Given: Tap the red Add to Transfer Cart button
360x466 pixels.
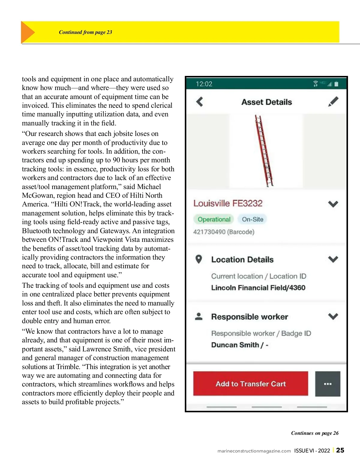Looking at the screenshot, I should pyautogui.click(x=250, y=384).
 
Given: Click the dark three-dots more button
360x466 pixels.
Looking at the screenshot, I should pyautogui.click(x=328, y=384).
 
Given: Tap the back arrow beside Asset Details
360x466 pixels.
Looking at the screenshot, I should pyautogui.click(x=199, y=102).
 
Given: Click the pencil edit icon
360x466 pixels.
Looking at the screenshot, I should pyautogui.click(x=333, y=101).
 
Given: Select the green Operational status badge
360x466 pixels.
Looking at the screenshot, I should pyautogui.click(x=214, y=219).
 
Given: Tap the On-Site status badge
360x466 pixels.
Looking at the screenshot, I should pyautogui.click(x=253, y=219).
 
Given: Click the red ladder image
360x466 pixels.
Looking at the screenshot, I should pyautogui.click(x=264, y=151).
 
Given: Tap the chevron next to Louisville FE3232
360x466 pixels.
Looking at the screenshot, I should pyautogui.click(x=333, y=204).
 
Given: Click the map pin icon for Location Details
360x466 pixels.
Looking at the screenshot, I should pyautogui.click(x=199, y=259).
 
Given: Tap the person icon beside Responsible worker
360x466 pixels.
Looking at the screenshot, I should pyautogui.click(x=199, y=316).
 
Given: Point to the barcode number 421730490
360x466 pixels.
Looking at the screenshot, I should pyautogui.click(x=209, y=232).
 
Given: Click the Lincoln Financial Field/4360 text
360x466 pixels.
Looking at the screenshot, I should pyautogui.click(x=258, y=288).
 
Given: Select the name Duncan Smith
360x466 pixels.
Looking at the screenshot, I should pyautogui.click(x=235, y=345).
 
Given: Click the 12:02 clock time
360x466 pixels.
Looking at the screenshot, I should pyautogui.click(x=204, y=84).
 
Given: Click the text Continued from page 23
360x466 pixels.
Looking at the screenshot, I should pyautogui.click(x=85, y=32).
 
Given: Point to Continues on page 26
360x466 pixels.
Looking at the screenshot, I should pyautogui.click(x=315, y=433).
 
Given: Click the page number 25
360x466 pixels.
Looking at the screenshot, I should pyautogui.click(x=340, y=450).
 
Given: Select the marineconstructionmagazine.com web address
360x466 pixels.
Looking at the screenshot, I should pyautogui.click(x=254, y=451).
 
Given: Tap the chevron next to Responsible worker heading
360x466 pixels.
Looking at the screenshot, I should pyautogui.click(x=333, y=316).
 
